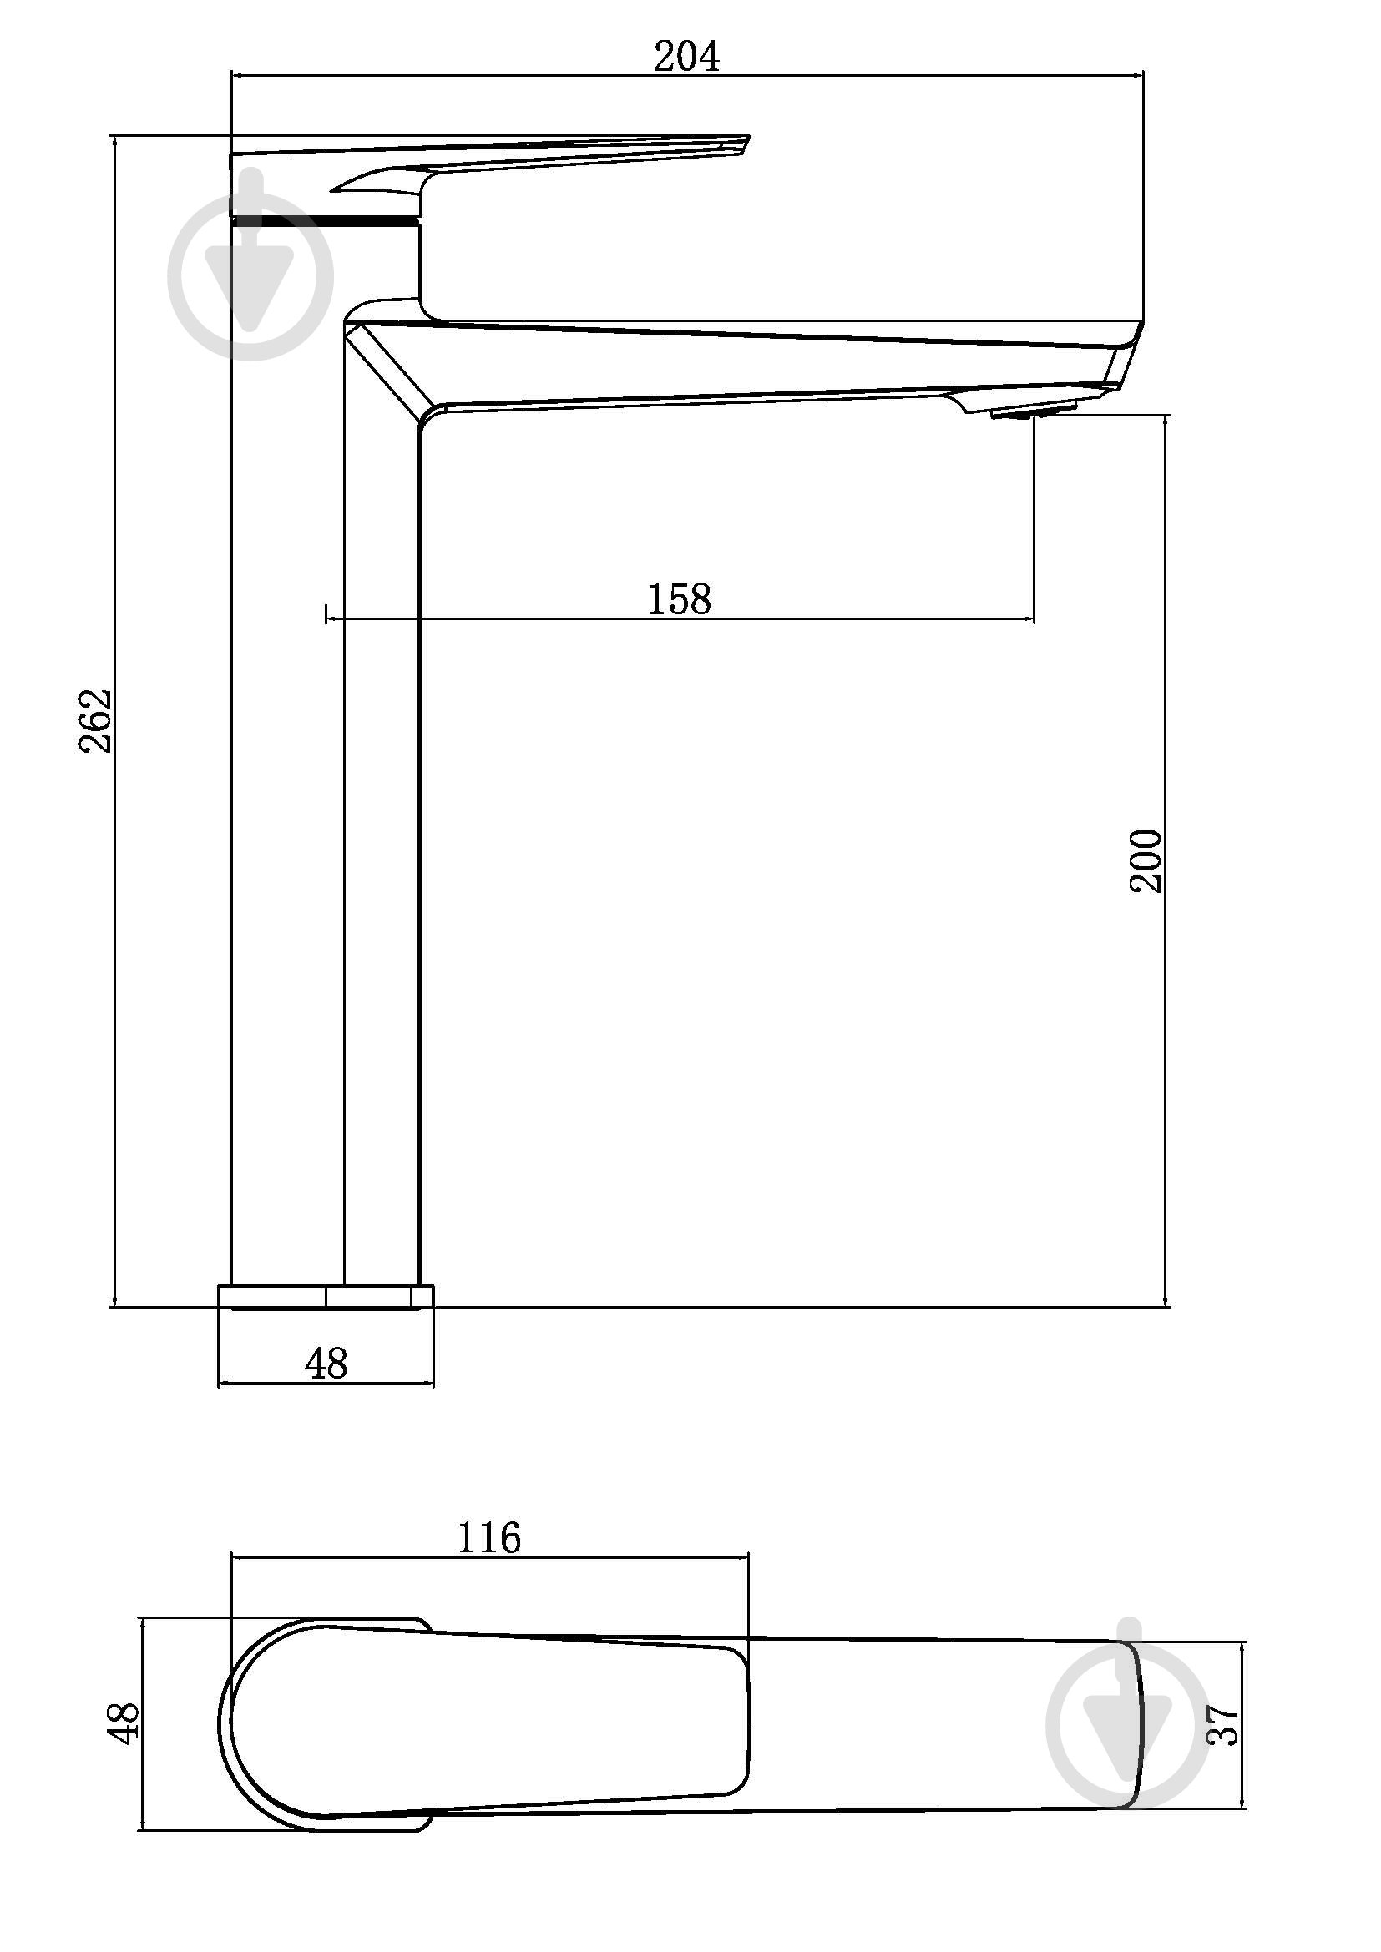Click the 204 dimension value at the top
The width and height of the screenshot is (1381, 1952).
(x=686, y=56)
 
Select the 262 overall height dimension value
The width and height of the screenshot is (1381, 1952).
(x=95, y=720)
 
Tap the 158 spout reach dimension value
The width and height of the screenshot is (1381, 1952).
(x=679, y=599)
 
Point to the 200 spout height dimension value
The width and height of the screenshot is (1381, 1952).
(x=1146, y=860)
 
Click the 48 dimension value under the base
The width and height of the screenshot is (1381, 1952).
(x=326, y=1364)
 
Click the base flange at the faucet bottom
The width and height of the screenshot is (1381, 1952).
(x=326, y=1297)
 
